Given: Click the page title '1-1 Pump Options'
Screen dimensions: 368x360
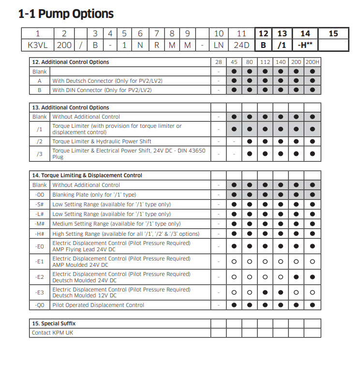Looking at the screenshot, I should [x=66, y=14].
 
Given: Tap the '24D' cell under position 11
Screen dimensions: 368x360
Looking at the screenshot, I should [x=241, y=46].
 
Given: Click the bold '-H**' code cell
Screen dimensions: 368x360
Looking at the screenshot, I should [x=305, y=46].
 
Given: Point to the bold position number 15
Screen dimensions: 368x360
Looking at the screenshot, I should [x=333, y=34].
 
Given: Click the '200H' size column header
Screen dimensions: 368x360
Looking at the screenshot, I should [x=312, y=62].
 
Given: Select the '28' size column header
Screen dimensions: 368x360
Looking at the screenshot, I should [x=218, y=62].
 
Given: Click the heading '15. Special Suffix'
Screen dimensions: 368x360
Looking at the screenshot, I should [x=54, y=323].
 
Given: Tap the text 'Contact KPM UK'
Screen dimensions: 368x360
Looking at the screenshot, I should [x=52, y=333].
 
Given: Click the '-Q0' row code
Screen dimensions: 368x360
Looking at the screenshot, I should [x=40, y=305].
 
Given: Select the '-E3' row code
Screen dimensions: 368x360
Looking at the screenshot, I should [x=40, y=292].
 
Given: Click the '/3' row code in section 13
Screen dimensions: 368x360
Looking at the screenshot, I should [x=40, y=153].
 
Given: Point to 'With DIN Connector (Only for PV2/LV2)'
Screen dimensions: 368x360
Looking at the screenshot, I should [x=102, y=90].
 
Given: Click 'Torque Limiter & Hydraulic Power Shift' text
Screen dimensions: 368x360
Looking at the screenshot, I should [x=102, y=141].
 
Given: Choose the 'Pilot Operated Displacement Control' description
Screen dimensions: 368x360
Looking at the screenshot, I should [x=98, y=305].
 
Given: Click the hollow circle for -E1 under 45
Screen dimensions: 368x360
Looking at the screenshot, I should [x=234, y=261].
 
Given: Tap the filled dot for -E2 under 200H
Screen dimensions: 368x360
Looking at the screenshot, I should [x=312, y=277].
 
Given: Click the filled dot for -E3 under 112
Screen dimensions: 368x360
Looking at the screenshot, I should [x=265, y=292].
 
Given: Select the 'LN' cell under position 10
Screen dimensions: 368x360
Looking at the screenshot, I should [x=219, y=46].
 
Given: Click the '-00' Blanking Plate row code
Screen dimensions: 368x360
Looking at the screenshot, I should [x=40, y=195].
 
